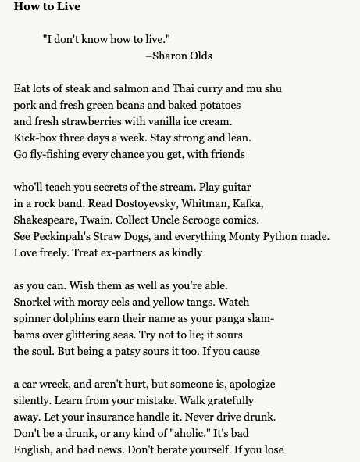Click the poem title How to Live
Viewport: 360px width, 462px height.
pyautogui.click(x=47, y=7)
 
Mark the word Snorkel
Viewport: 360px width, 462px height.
pyautogui.click(x=34, y=303)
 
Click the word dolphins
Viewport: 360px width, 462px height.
pyautogui.click(x=79, y=319)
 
